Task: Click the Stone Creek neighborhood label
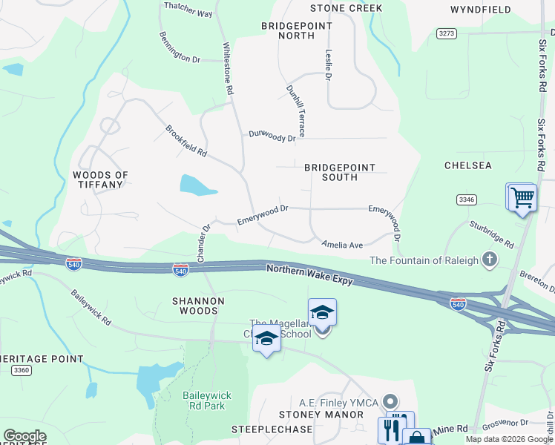click(x=346, y=8)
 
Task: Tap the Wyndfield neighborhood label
click(x=480, y=10)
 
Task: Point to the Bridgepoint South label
click(x=340, y=173)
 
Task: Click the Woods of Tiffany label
click(x=100, y=179)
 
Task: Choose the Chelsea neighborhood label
click(x=467, y=165)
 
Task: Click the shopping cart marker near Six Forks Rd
click(x=522, y=197)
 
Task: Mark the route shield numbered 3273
click(x=447, y=33)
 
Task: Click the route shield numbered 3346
click(x=467, y=200)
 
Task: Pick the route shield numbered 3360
click(x=22, y=370)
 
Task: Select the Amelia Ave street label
click(x=341, y=244)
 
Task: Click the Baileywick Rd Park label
click(x=203, y=400)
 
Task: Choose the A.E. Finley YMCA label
click(x=338, y=402)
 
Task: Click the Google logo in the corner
click(x=24, y=436)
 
